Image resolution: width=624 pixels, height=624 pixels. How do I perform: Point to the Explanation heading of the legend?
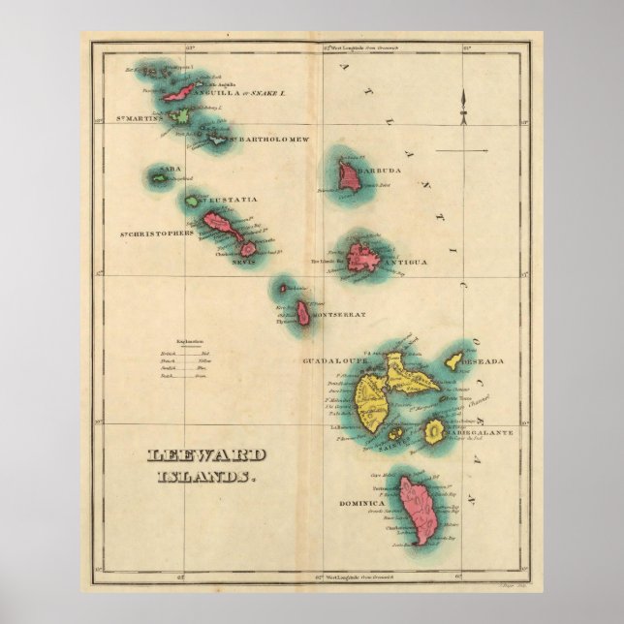coord(190,341)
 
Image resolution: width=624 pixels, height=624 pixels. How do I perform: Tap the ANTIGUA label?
coord(406,261)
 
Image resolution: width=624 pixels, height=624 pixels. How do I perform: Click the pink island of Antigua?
coord(364,258)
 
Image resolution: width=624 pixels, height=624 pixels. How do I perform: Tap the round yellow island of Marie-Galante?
coord(435,429)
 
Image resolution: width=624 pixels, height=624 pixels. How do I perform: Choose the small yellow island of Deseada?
coord(453,365)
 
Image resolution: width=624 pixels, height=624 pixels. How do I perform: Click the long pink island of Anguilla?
coord(179,92)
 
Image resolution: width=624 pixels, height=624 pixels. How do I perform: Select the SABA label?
coord(171,169)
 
